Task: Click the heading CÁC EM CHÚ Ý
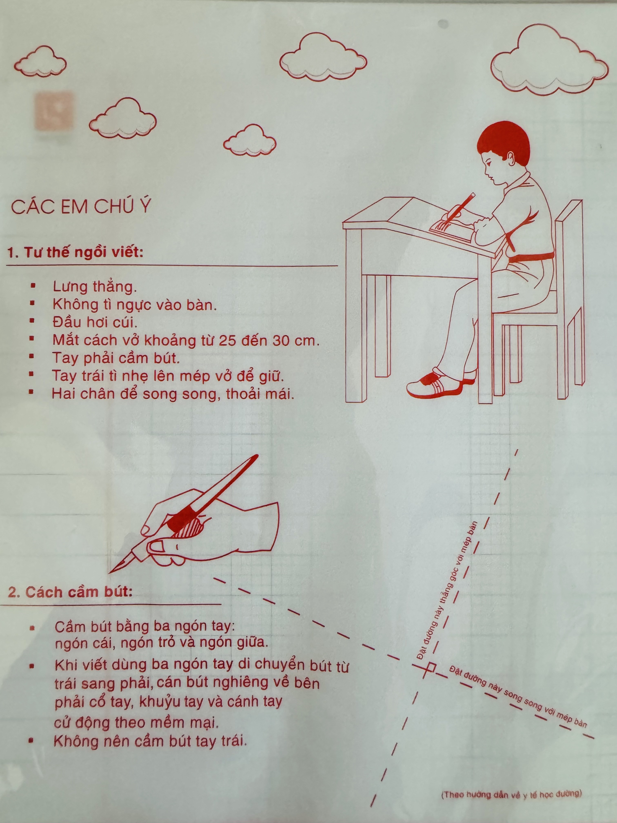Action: (x=81, y=207)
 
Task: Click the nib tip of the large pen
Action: (x=109, y=573)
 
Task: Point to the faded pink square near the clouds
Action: (x=54, y=111)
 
